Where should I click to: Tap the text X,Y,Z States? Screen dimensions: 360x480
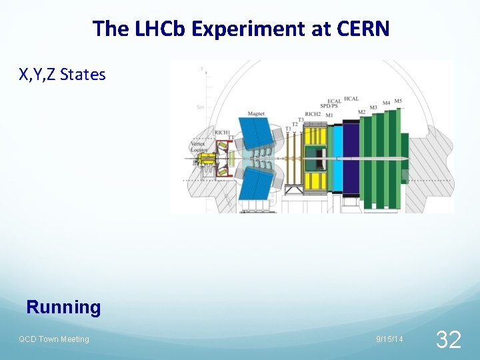tap(62, 75)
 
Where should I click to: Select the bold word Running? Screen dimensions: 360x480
tap(63, 307)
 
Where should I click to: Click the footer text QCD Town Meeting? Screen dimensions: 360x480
tap(53, 339)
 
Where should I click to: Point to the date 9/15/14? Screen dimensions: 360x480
tap(389, 339)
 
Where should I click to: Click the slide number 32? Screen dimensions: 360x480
tap(448, 340)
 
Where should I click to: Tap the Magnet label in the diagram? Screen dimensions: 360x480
tap(256, 114)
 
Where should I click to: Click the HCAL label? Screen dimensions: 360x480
tap(351, 99)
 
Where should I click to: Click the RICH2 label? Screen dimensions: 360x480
tap(313, 114)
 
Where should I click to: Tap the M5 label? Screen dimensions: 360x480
tap(398, 101)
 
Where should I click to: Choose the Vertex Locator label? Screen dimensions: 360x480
tap(198, 147)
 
